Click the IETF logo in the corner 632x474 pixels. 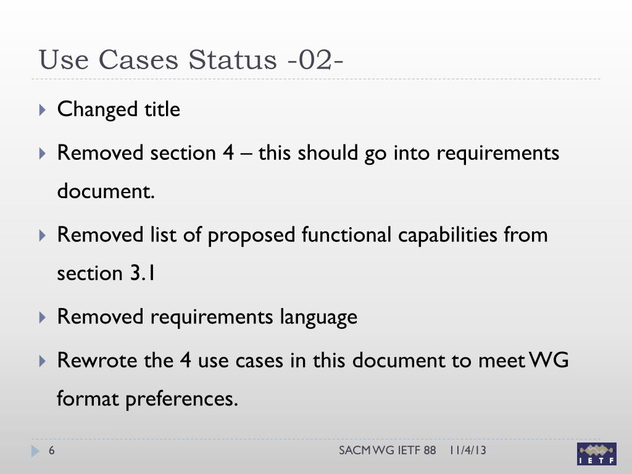tap(596, 454)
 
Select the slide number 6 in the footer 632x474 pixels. tap(52, 451)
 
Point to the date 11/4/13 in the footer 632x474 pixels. tap(467, 451)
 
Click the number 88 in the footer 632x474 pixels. tap(430, 451)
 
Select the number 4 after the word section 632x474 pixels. tap(228, 152)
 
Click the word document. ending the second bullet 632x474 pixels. tap(106, 192)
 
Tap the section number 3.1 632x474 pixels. tap(142, 273)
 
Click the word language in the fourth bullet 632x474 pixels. tap(318, 317)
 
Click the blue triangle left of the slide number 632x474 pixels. tap(35, 452)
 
